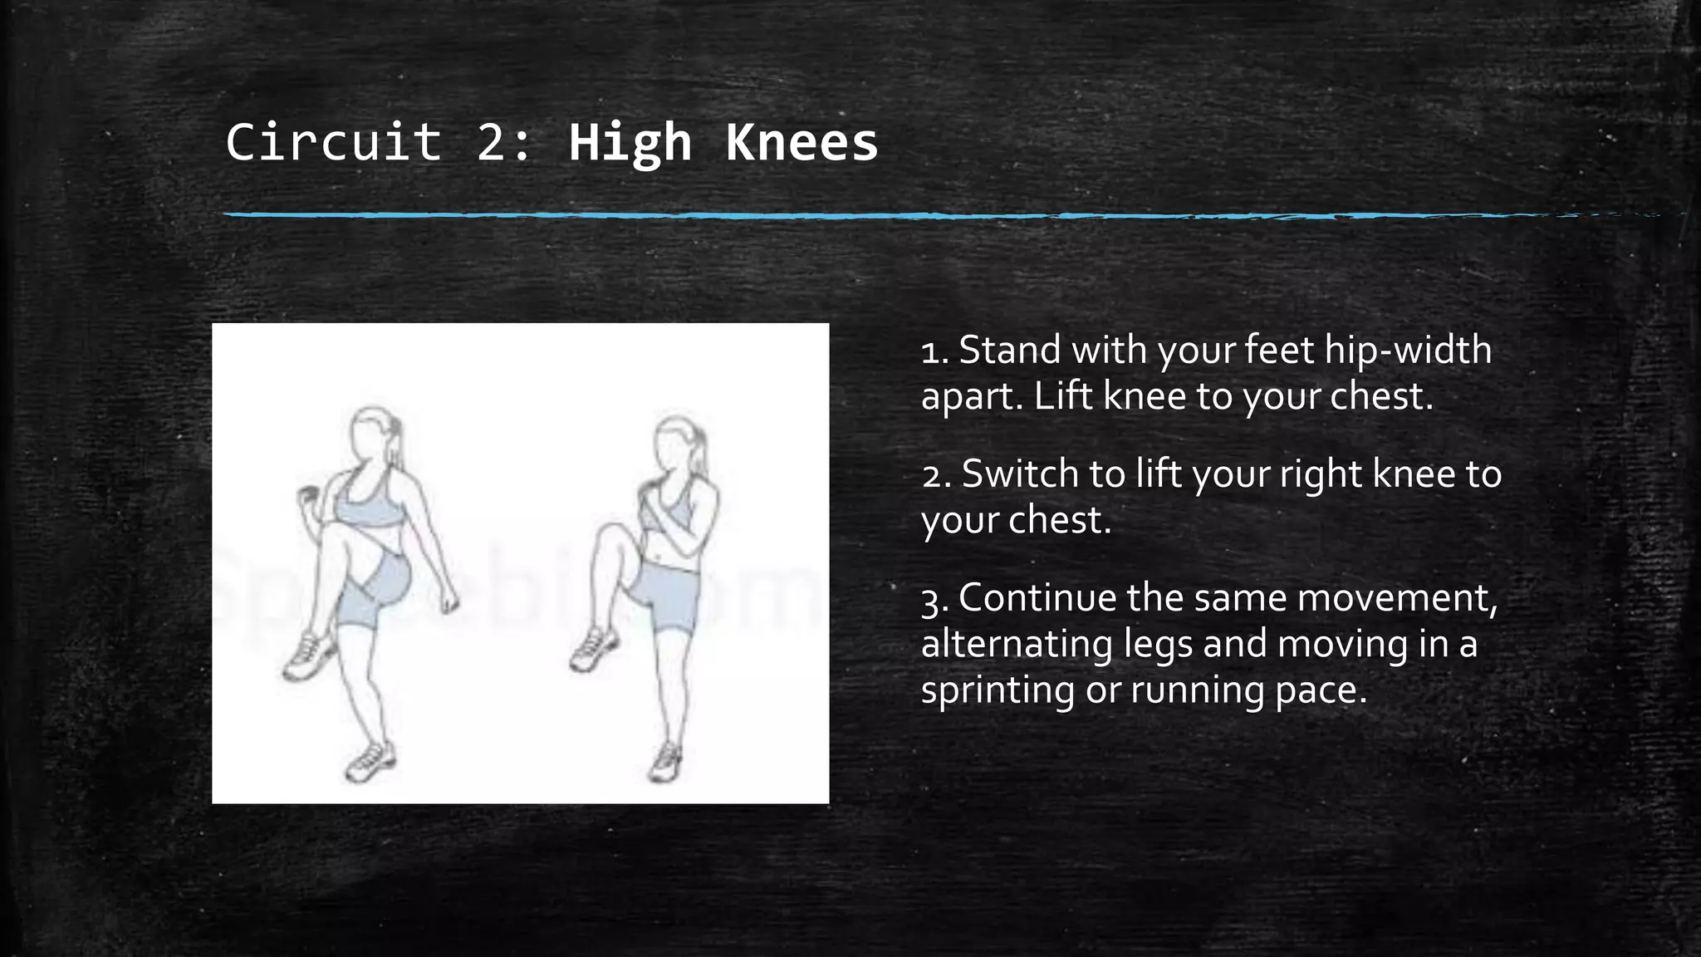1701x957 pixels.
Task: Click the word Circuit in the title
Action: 333,142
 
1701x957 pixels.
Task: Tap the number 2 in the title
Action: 493,142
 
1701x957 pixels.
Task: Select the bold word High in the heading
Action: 630,142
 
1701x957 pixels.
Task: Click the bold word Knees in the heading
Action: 801,142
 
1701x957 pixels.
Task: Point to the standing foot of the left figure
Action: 370,762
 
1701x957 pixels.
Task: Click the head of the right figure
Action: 674,444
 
